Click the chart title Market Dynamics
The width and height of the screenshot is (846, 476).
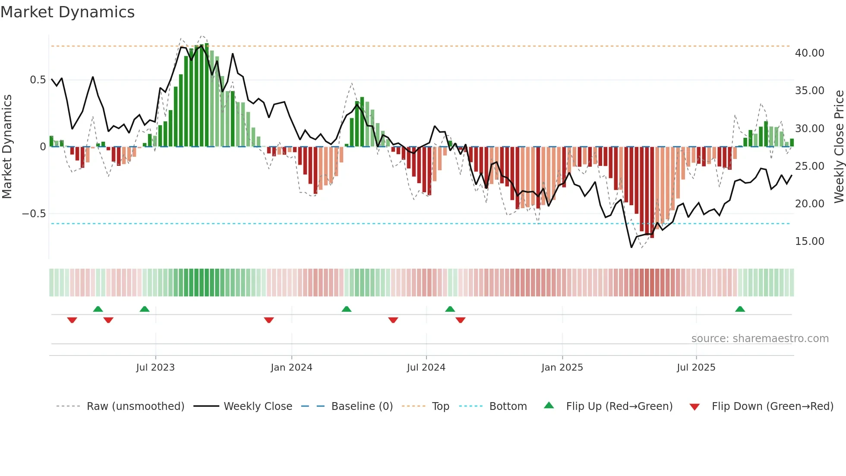68,12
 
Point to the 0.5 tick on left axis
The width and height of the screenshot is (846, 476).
38,80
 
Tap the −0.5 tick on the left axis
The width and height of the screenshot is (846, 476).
34,214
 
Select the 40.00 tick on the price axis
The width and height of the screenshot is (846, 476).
809,53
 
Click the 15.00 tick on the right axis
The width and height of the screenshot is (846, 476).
809,241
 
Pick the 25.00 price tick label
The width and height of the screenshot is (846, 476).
809,166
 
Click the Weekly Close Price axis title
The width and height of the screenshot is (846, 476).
839,146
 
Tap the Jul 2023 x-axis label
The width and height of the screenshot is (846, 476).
155,368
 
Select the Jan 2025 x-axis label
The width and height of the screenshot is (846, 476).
562,368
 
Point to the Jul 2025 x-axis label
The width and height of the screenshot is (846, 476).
696,368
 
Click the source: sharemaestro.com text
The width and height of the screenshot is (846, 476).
760,339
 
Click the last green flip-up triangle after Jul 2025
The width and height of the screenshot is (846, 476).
740,309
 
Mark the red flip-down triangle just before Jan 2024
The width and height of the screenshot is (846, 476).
269,320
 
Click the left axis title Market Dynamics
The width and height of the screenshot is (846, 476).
7,146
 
